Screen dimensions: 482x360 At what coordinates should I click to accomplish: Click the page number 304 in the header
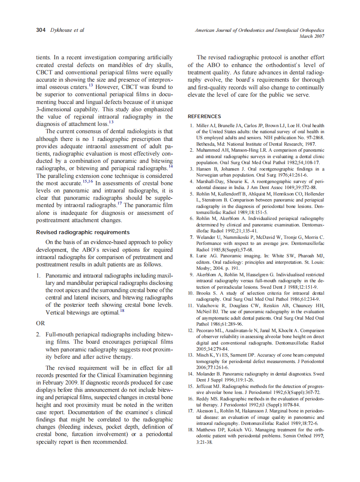click(x=41, y=30)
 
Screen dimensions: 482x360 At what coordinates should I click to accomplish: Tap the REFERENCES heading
click(x=204, y=116)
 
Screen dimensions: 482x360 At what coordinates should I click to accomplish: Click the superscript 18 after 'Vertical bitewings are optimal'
click(x=122, y=311)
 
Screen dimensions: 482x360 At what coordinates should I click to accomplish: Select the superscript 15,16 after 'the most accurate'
click(x=88, y=181)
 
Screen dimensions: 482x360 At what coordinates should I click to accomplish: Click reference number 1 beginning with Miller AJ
click(x=192, y=125)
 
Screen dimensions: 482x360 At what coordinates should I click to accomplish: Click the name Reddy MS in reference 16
click(x=208, y=399)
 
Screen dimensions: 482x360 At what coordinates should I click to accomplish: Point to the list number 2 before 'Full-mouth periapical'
click(x=38, y=334)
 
